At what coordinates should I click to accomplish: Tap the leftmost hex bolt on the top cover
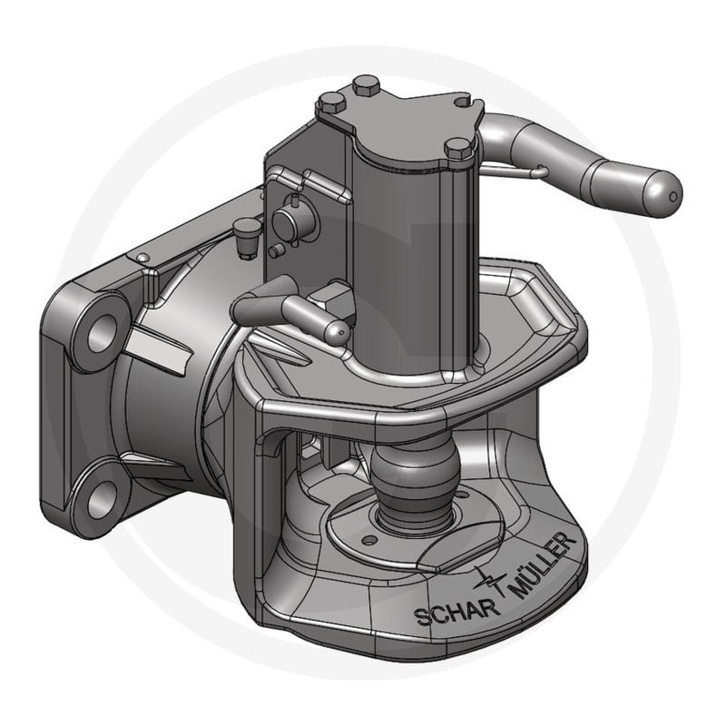[x=331, y=104]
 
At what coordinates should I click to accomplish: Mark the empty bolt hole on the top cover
[x=463, y=101]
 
